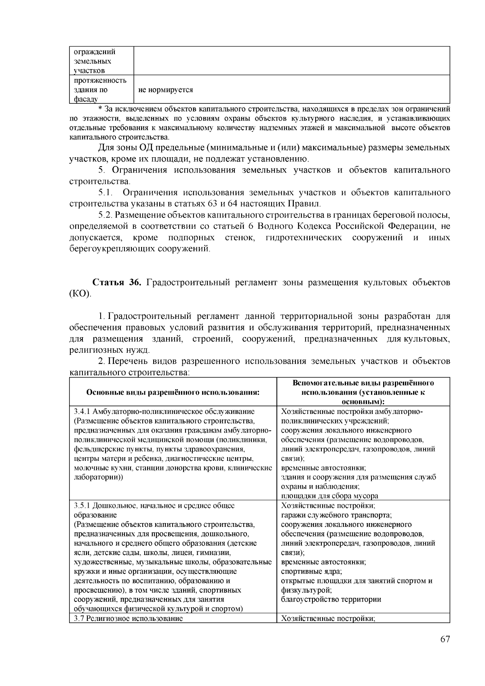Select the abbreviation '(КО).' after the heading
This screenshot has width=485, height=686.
[x=80, y=293]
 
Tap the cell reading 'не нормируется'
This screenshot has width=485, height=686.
[x=165, y=90]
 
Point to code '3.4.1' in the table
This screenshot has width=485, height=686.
[x=82, y=412]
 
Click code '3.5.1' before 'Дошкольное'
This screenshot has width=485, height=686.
[x=82, y=506]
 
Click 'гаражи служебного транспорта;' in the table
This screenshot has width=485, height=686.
[x=336, y=515]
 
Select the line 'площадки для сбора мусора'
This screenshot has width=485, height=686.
[x=329, y=496]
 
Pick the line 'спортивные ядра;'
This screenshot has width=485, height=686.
[x=311, y=572]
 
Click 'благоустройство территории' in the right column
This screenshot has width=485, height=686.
[x=331, y=599]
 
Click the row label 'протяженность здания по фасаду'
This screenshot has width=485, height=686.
[x=100, y=89]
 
